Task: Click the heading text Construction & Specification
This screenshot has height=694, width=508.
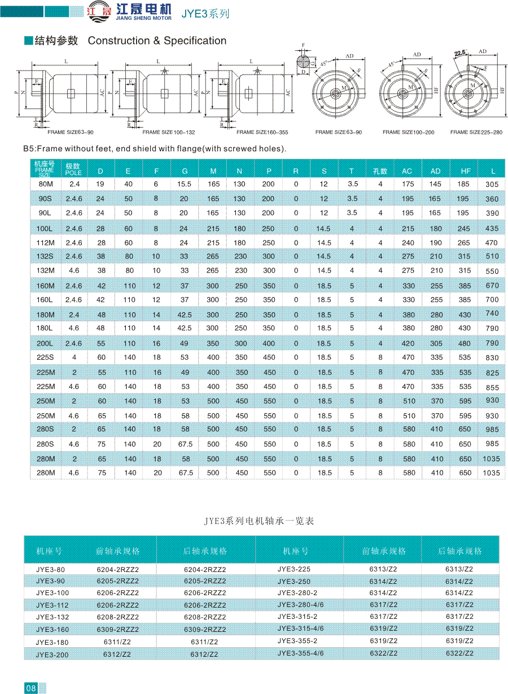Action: point(157,41)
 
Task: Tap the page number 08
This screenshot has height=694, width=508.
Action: point(30,688)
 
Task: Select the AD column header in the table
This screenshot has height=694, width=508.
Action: point(436,171)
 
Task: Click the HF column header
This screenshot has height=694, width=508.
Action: point(464,171)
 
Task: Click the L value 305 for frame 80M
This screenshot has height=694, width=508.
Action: point(492,184)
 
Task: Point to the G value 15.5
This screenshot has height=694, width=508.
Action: point(184,184)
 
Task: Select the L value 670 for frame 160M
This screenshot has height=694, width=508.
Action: point(492,286)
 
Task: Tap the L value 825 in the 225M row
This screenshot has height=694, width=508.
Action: point(492,373)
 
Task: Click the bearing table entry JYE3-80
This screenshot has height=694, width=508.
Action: point(50,569)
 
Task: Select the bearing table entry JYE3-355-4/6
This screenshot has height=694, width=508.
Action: point(300,653)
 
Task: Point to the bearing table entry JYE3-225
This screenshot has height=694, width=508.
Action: point(294,569)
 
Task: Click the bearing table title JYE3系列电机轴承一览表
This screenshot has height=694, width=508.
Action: point(259,521)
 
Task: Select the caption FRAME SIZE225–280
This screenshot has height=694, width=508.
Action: point(476,132)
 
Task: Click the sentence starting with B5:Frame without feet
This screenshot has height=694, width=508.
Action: point(155,149)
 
